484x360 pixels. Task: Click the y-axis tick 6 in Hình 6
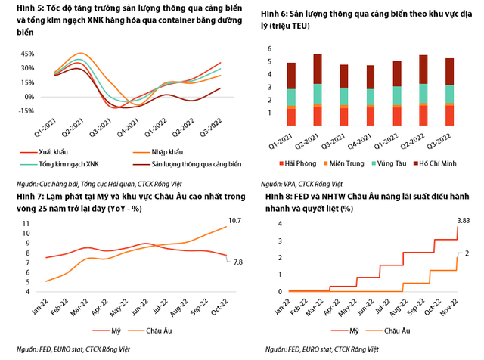coord(268,49)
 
